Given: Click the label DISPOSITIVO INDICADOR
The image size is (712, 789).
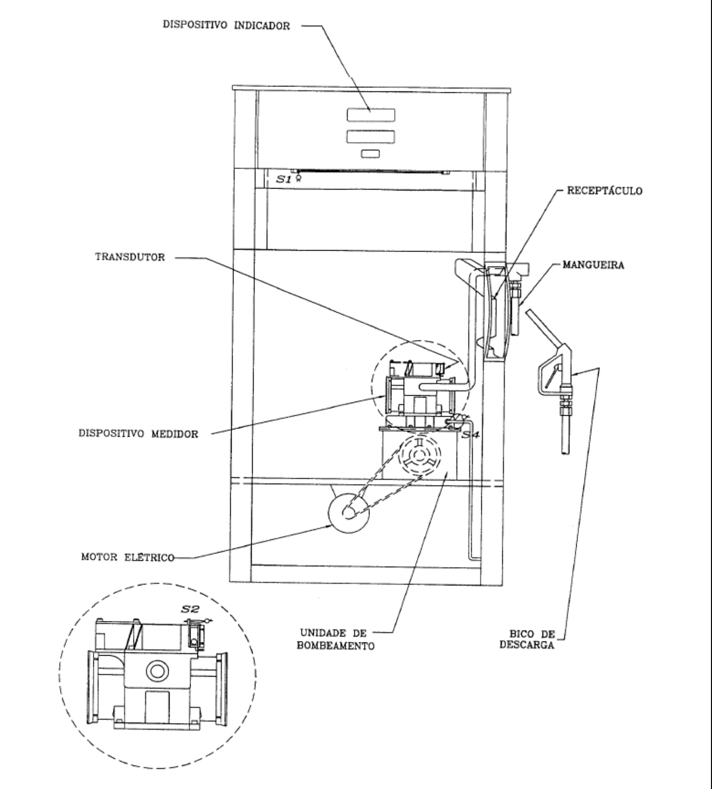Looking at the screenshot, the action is [x=226, y=26].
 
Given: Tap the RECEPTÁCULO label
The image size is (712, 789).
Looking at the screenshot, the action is [x=604, y=191].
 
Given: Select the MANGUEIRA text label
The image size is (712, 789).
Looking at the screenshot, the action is [x=593, y=266].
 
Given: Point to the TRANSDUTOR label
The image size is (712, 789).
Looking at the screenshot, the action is [x=130, y=257].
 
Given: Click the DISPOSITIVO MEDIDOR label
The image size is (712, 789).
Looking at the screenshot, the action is [x=139, y=434].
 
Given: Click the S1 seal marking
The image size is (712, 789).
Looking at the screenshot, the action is [x=284, y=179].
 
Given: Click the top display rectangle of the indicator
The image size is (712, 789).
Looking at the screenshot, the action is [x=371, y=115].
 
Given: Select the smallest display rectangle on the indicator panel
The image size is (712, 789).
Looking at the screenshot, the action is [x=371, y=154].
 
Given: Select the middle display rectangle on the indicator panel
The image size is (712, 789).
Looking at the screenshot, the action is [x=371, y=136].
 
